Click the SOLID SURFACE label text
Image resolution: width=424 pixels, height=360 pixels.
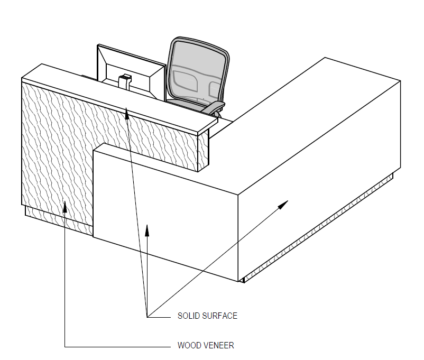207,316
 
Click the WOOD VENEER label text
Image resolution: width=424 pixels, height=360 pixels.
205,346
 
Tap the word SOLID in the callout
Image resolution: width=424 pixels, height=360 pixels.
188,316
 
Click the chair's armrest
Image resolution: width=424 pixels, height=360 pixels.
214,106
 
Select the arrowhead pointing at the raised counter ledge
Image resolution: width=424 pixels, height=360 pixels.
126,112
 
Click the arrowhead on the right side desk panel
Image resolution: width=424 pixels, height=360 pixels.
284,204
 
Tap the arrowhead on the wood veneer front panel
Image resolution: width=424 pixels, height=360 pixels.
64,206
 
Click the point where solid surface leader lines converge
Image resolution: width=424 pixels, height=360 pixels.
148,316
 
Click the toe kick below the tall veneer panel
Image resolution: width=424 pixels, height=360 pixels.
58,219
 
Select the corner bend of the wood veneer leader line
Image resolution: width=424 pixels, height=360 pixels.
64,346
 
